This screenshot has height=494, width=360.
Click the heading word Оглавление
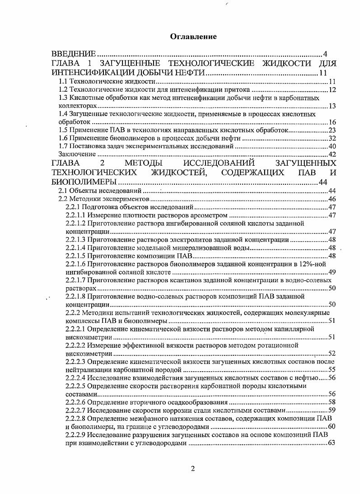point(193,37)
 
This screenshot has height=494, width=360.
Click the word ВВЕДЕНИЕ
point(73,54)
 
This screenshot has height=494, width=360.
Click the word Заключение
point(70,154)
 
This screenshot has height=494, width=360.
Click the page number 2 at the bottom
point(193,468)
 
